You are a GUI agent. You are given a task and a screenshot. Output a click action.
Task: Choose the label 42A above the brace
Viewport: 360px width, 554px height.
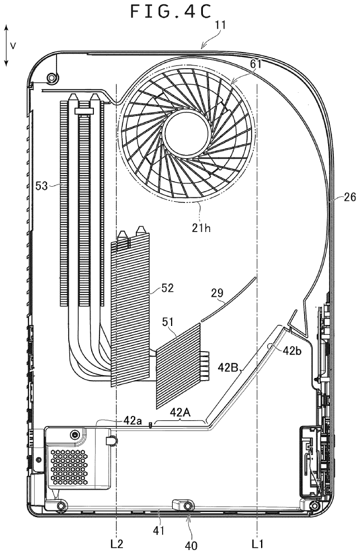179,413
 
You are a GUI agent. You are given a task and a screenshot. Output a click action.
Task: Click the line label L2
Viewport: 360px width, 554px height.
116,543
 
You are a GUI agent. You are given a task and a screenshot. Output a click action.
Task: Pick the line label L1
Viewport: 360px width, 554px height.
257,543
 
